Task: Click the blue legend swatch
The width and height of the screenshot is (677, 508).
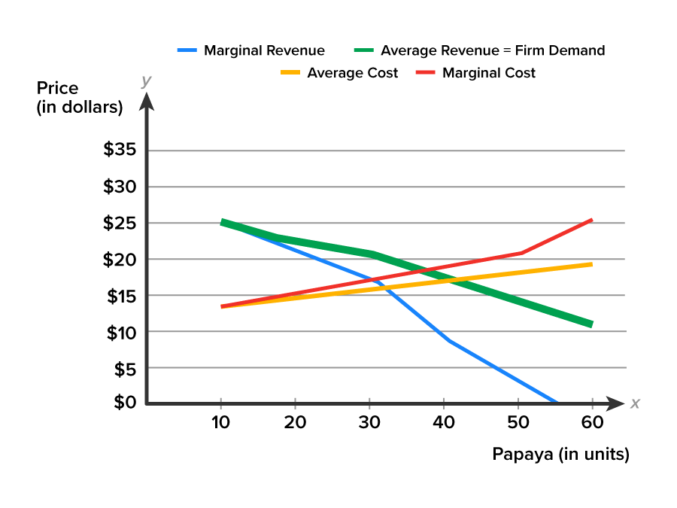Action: [x=187, y=50]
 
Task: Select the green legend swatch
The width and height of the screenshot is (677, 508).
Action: [x=363, y=50]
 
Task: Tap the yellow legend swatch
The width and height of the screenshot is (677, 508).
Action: [x=290, y=72]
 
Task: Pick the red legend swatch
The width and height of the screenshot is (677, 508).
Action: [x=425, y=72]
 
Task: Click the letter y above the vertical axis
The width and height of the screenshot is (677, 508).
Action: [x=146, y=81]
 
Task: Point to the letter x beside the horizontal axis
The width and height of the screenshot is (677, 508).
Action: [x=635, y=403]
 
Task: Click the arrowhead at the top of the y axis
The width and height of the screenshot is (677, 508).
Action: [x=147, y=101]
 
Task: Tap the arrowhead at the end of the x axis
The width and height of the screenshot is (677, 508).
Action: [x=616, y=403]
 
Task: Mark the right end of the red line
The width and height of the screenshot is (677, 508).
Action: [x=593, y=220]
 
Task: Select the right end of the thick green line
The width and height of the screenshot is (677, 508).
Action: [x=593, y=324]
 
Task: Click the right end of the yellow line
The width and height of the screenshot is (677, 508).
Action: [x=593, y=264]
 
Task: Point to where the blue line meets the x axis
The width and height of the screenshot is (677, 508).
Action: [x=557, y=403]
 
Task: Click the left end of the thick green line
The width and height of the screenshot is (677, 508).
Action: [x=221, y=222]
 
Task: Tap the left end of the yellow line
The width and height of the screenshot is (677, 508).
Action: [x=221, y=307]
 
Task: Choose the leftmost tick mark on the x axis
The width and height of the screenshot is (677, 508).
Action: [x=220, y=403]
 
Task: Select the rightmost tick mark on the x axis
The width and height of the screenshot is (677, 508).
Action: [x=592, y=403]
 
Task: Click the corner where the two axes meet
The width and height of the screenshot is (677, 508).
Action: [x=147, y=403]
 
